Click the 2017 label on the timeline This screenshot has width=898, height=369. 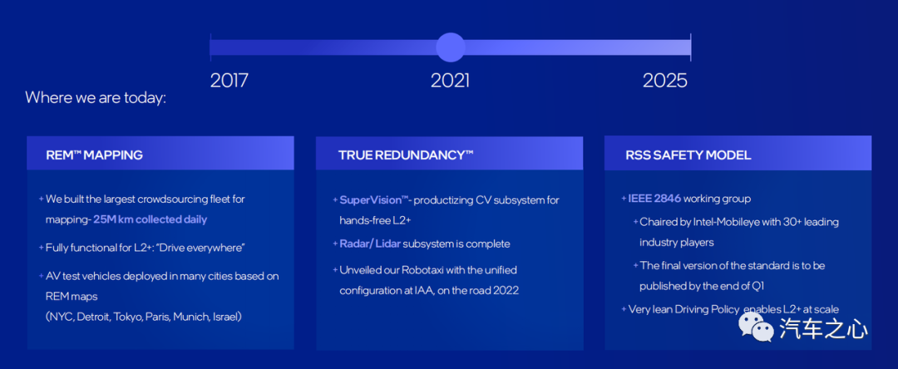[x=229, y=80]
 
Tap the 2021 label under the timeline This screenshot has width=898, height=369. [x=450, y=80]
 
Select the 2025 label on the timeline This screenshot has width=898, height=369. [x=665, y=80]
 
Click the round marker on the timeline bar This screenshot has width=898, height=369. [x=451, y=47]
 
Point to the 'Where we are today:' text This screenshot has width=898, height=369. [x=96, y=98]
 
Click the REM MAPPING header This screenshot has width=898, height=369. [x=95, y=155]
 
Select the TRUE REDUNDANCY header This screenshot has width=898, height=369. [x=406, y=155]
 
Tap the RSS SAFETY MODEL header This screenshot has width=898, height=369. [x=688, y=155]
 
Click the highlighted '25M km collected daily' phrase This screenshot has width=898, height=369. [x=150, y=219]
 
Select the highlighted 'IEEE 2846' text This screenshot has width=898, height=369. [x=654, y=199]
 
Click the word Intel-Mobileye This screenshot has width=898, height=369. [x=736, y=222]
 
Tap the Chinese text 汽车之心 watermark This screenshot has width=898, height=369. [x=823, y=329]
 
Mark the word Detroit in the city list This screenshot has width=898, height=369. [x=92, y=317]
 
